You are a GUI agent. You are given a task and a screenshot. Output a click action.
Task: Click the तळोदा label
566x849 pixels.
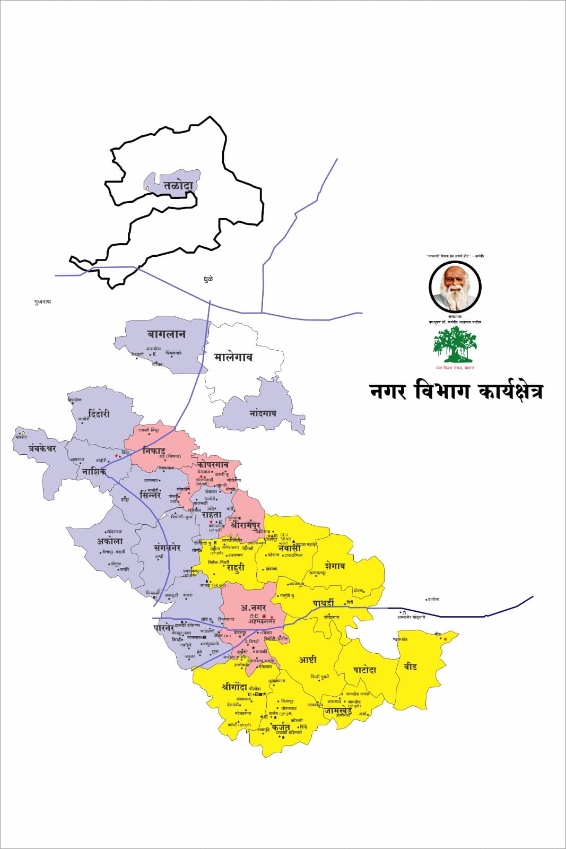pyautogui.click(x=179, y=186)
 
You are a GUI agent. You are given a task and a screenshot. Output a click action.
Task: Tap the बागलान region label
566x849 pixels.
pyautogui.click(x=166, y=334)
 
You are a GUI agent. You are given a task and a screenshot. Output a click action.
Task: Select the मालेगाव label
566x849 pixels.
pyautogui.click(x=233, y=357)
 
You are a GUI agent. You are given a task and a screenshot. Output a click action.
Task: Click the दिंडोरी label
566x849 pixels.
pyautogui.click(x=99, y=414)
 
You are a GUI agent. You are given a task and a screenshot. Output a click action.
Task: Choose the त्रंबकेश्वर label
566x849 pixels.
pyautogui.click(x=35, y=448)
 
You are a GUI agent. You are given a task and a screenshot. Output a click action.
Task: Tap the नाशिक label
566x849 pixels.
pyautogui.click(x=94, y=471)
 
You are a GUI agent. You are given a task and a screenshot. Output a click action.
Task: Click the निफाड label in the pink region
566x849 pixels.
pyautogui.click(x=154, y=452)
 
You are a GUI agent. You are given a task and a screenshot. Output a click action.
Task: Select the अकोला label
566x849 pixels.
pyautogui.click(x=109, y=541)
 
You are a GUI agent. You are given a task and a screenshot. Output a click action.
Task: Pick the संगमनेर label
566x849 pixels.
pyautogui.click(x=167, y=548)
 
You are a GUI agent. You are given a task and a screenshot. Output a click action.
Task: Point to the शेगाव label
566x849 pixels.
pyautogui.click(x=335, y=566)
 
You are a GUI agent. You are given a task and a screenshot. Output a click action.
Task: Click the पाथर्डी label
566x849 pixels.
pyautogui.click(x=324, y=603)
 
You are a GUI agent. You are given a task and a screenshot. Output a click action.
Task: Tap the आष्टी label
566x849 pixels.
pyautogui.click(x=308, y=660)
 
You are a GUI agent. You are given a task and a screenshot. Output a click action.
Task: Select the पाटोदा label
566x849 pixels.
pyautogui.click(x=365, y=670)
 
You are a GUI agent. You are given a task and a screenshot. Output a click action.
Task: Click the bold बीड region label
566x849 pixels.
pyautogui.click(x=410, y=666)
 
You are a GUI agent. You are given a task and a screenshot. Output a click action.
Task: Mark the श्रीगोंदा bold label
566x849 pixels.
pyautogui.click(x=235, y=687)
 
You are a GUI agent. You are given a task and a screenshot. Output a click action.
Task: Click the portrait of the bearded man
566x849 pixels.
pyautogui.click(x=455, y=287)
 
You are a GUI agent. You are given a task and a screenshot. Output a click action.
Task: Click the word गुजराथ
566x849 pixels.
pyautogui.click(x=42, y=301)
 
